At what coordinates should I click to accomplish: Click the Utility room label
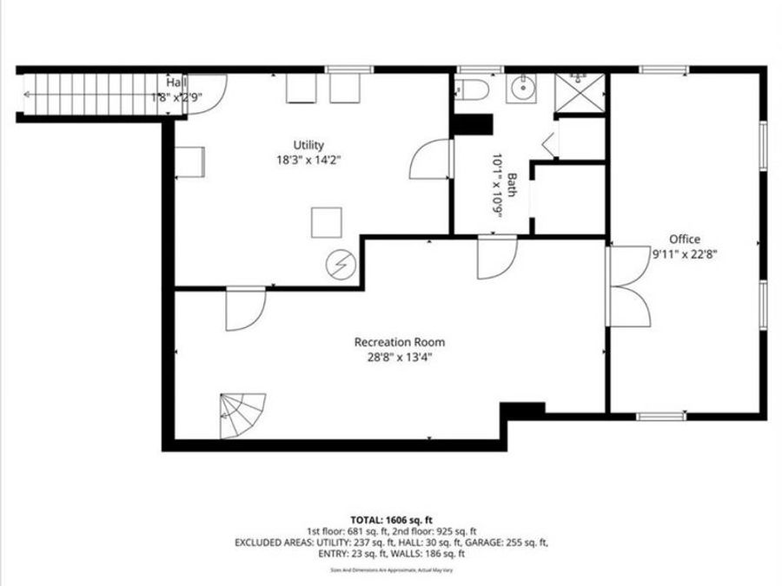click(308, 145)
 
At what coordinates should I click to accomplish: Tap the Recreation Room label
click(400, 342)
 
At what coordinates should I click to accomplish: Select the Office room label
click(684, 240)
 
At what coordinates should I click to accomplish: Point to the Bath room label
click(513, 185)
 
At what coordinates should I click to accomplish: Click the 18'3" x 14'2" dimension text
click(308, 160)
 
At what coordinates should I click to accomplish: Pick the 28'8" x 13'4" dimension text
click(400, 357)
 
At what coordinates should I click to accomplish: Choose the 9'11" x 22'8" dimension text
click(684, 254)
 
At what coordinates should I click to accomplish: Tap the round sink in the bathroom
click(521, 89)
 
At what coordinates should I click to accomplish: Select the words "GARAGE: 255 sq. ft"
click(505, 543)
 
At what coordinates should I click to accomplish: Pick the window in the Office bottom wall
click(661, 417)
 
